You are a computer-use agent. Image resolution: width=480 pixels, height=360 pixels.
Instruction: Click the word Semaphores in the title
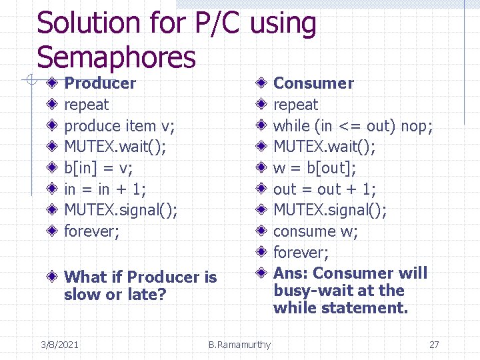tap(116, 57)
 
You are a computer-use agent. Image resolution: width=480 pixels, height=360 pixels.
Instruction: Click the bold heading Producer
tap(100, 83)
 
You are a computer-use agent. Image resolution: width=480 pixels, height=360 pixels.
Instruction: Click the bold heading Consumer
tap(313, 83)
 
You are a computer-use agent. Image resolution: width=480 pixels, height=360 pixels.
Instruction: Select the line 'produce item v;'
tap(119, 125)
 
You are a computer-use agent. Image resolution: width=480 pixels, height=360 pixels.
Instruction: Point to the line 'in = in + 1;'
tap(105, 189)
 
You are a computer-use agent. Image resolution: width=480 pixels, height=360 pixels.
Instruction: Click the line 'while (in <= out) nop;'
tap(353, 125)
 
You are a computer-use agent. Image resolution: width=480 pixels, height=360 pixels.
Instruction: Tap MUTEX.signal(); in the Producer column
tap(121, 210)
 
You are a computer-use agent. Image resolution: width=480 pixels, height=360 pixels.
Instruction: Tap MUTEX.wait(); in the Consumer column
tap(325, 147)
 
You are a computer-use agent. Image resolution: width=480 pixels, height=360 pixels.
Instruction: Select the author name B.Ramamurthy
tap(239, 345)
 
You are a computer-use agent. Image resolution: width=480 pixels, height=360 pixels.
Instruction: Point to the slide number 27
tap(434, 345)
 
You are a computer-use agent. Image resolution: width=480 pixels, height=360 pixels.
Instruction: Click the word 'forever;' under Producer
tap(92, 231)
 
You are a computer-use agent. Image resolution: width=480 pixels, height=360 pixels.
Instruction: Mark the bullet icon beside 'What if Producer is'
tap(53, 277)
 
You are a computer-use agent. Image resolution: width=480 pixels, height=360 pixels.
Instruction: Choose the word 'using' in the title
tap(284, 24)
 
